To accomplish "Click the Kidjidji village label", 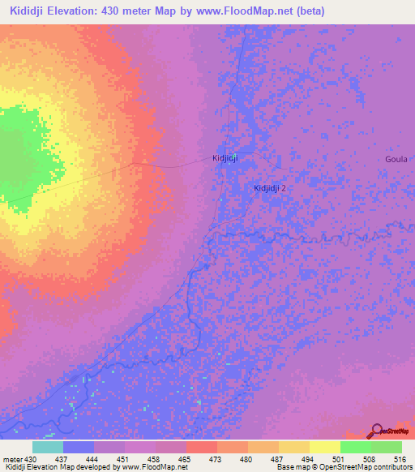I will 224,158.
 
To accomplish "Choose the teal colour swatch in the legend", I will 48,447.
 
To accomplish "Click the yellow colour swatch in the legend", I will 325,447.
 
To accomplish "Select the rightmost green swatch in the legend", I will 387,447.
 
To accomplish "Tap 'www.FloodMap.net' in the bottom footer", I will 151,467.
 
